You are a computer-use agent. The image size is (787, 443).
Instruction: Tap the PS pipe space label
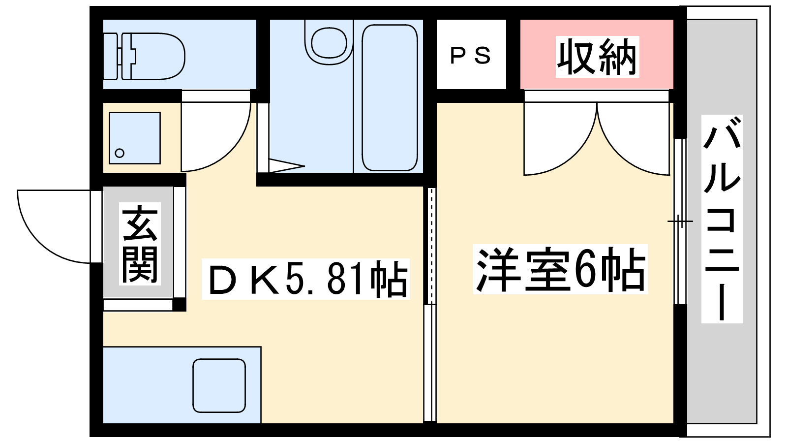point(470,56)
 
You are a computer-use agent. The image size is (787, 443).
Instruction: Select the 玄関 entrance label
point(140,244)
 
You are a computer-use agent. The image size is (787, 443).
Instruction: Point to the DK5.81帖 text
point(305,279)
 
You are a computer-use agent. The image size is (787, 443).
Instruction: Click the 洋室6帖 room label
point(560,269)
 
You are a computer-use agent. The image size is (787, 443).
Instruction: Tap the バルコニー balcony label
point(722,219)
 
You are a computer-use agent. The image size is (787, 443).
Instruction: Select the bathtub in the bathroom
point(390,98)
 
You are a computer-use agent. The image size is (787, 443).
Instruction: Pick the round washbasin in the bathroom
point(329,42)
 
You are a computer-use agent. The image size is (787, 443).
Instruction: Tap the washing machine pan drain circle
point(120,153)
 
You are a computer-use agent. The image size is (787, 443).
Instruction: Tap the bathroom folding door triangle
point(286,166)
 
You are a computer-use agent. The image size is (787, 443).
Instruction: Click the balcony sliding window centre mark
point(680,221)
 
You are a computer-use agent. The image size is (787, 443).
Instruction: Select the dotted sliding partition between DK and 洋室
point(431,246)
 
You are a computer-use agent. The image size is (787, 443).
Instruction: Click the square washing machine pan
point(135,138)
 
